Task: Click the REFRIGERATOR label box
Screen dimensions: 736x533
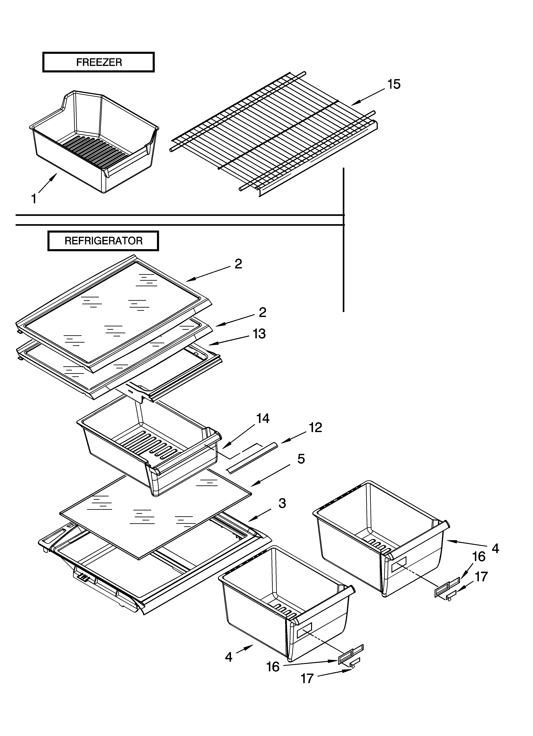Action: pos(103,241)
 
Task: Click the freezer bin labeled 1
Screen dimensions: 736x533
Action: pos(94,143)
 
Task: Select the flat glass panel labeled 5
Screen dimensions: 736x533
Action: pos(156,513)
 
